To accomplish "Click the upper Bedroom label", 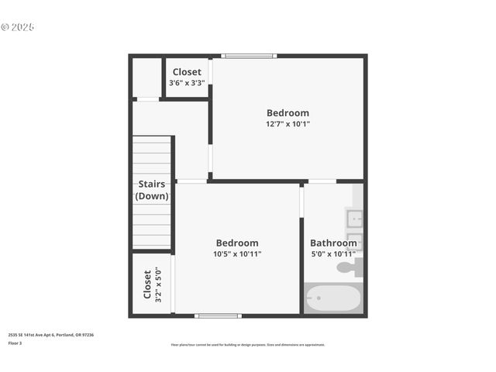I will (x=288, y=113).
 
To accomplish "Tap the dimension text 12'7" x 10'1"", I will (x=288, y=124).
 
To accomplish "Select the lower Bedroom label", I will (x=237, y=243).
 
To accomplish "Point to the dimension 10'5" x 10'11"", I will (x=237, y=254).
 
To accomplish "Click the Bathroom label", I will (x=333, y=243).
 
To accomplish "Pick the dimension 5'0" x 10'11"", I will (x=333, y=254).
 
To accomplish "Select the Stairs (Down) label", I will (x=152, y=191).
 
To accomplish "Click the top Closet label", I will (x=187, y=72).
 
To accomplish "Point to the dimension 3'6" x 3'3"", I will (x=187, y=82).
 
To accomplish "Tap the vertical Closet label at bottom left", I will (x=147, y=284).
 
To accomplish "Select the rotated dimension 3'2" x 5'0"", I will (x=158, y=284).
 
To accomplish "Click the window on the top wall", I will (x=249, y=56).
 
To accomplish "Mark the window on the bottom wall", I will (x=218, y=315).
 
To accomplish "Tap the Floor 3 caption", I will (x=15, y=343).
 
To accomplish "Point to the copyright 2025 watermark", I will (x=18, y=27).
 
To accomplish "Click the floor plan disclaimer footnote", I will (x=248, y=345).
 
